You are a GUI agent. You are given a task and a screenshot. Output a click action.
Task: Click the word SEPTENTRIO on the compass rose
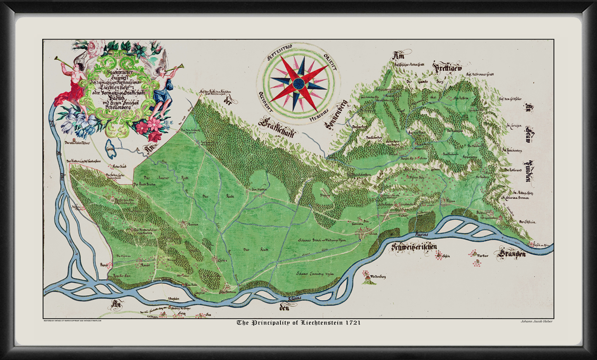pos(279,55)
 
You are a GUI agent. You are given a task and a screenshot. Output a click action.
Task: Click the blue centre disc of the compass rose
pos(298,83)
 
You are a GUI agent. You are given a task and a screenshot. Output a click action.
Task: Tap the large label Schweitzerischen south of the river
pos(414,247)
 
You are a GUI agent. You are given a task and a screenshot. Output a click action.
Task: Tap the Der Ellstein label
pos(527,222)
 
